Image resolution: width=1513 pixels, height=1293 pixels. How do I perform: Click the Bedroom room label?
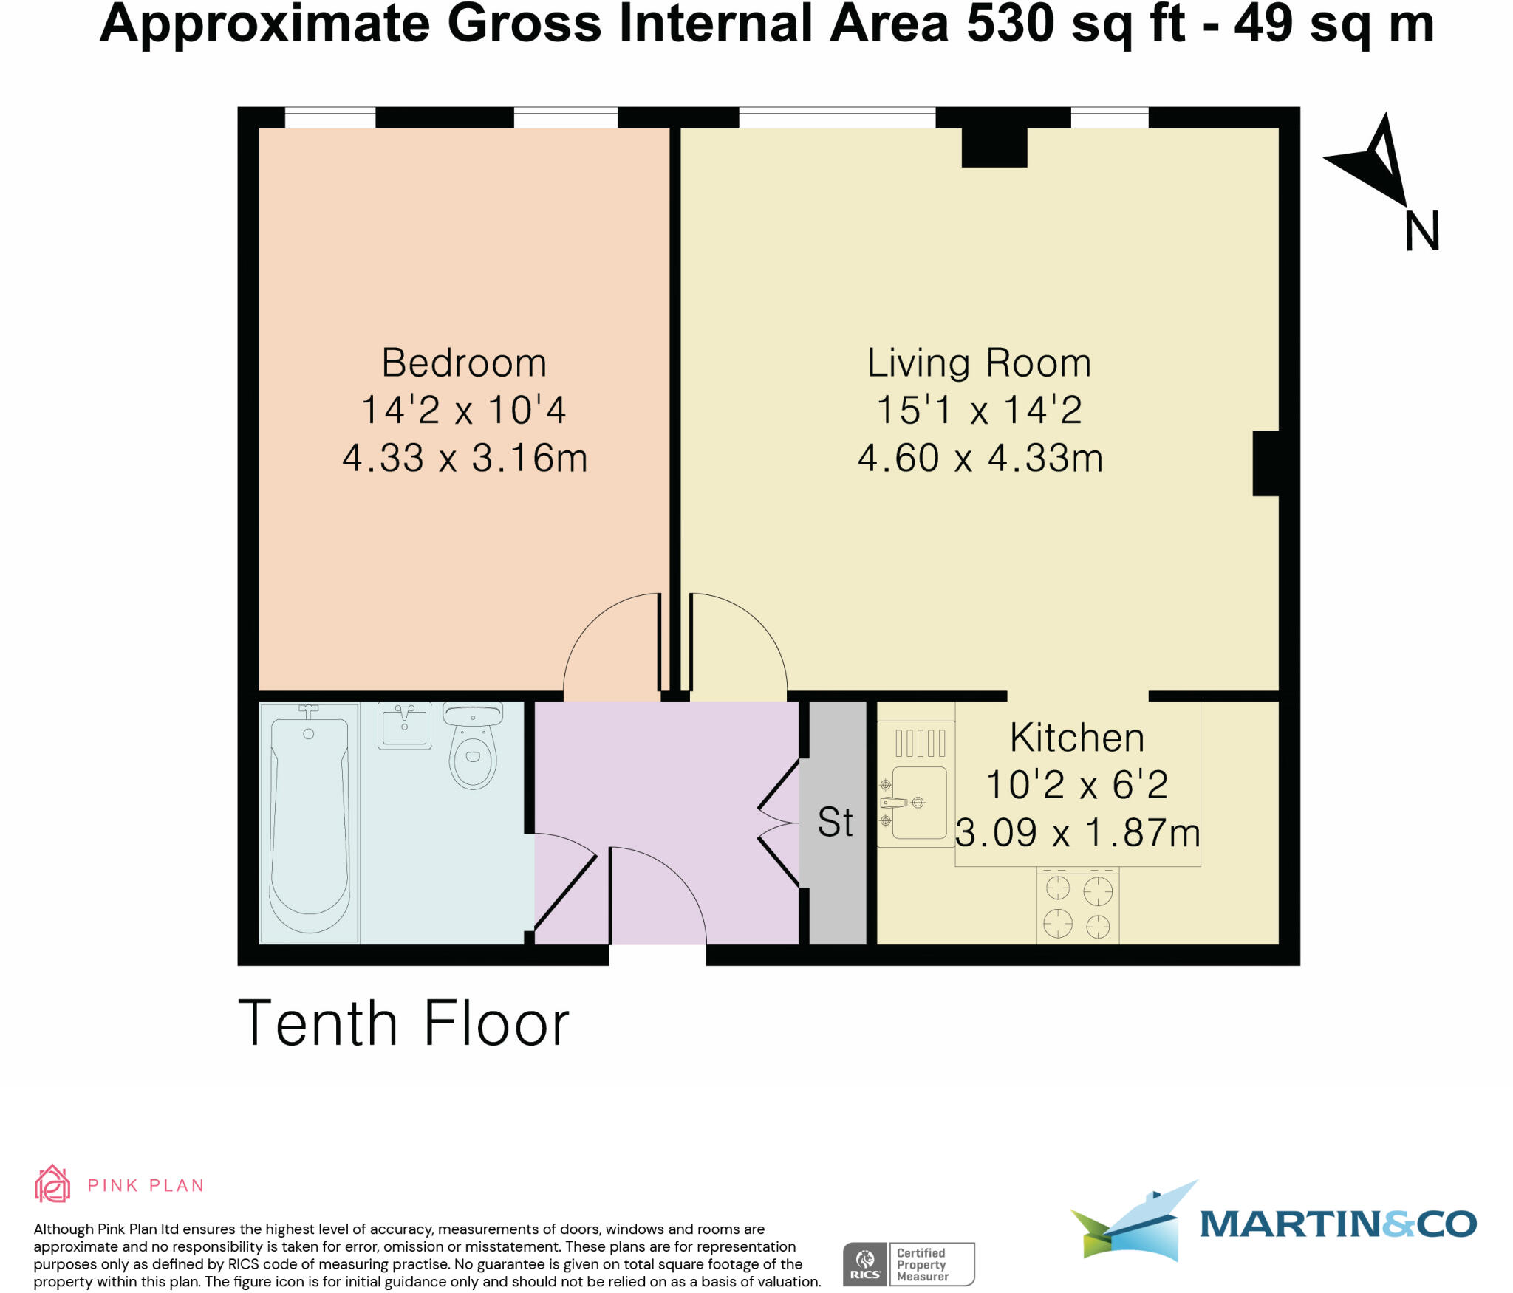pos(464,363)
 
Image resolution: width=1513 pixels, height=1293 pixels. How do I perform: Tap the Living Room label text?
pos(979,363)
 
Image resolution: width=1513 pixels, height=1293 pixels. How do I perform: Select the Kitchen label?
pos(1076,738)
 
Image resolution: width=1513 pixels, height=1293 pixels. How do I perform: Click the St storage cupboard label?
pos(836,822)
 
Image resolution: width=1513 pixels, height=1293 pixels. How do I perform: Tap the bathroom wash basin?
pos(404,726)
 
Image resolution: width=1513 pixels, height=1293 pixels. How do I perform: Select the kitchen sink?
pos(918,803)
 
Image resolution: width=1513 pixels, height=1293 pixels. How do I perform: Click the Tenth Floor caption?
pos(403,1024)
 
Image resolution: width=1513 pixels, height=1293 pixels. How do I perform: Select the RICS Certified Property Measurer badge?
pos(909,1264)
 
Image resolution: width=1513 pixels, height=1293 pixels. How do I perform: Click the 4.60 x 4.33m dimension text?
pos(980,459)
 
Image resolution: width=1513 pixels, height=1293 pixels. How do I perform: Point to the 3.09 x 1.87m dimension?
pos(1077,833)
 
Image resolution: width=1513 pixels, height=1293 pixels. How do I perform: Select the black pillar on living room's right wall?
pos(1266,464)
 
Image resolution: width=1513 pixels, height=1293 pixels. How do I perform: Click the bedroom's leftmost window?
pos(330,118)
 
